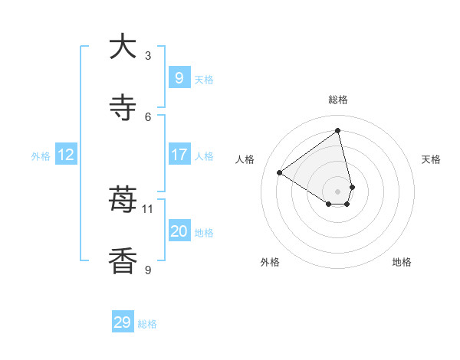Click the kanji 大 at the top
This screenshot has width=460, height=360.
123,47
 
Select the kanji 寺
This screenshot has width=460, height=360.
123,108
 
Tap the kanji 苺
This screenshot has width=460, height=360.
123,201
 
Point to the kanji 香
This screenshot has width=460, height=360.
123,261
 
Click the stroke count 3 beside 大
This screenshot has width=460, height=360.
148,56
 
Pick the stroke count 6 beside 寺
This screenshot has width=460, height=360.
148,116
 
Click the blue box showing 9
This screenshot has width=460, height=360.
179,77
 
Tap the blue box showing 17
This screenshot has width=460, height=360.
179,155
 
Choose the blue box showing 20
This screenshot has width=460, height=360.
179,231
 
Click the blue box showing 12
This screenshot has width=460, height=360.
65,155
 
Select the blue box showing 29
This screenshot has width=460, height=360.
123,322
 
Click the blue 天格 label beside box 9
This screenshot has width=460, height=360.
204,79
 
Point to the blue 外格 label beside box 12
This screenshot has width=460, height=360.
40,156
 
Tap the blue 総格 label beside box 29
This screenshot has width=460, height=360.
147,324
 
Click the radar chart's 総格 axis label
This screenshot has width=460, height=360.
338,100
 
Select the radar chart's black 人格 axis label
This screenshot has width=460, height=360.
245,159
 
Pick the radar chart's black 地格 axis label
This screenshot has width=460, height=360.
402,263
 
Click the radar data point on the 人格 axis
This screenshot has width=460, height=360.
280,172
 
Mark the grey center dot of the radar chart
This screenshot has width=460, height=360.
338,191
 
